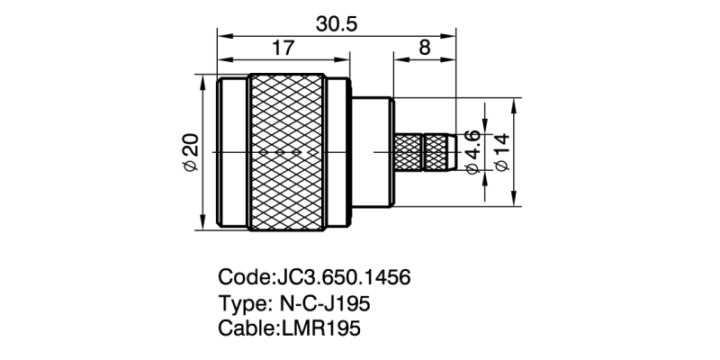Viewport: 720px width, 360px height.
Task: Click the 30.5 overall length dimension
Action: [x=336, y=24]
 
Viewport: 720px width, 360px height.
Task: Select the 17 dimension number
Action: [x=283, y=49]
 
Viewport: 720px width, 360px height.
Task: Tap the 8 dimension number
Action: [x=424, y=49]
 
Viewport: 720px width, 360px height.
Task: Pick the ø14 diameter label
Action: [x=500, y=153]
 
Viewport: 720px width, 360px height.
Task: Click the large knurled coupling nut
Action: [x=288, y=153]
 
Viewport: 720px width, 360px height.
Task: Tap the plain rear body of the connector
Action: [x=372, y=153]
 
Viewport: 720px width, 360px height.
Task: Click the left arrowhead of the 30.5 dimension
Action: [x=222, y=37]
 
